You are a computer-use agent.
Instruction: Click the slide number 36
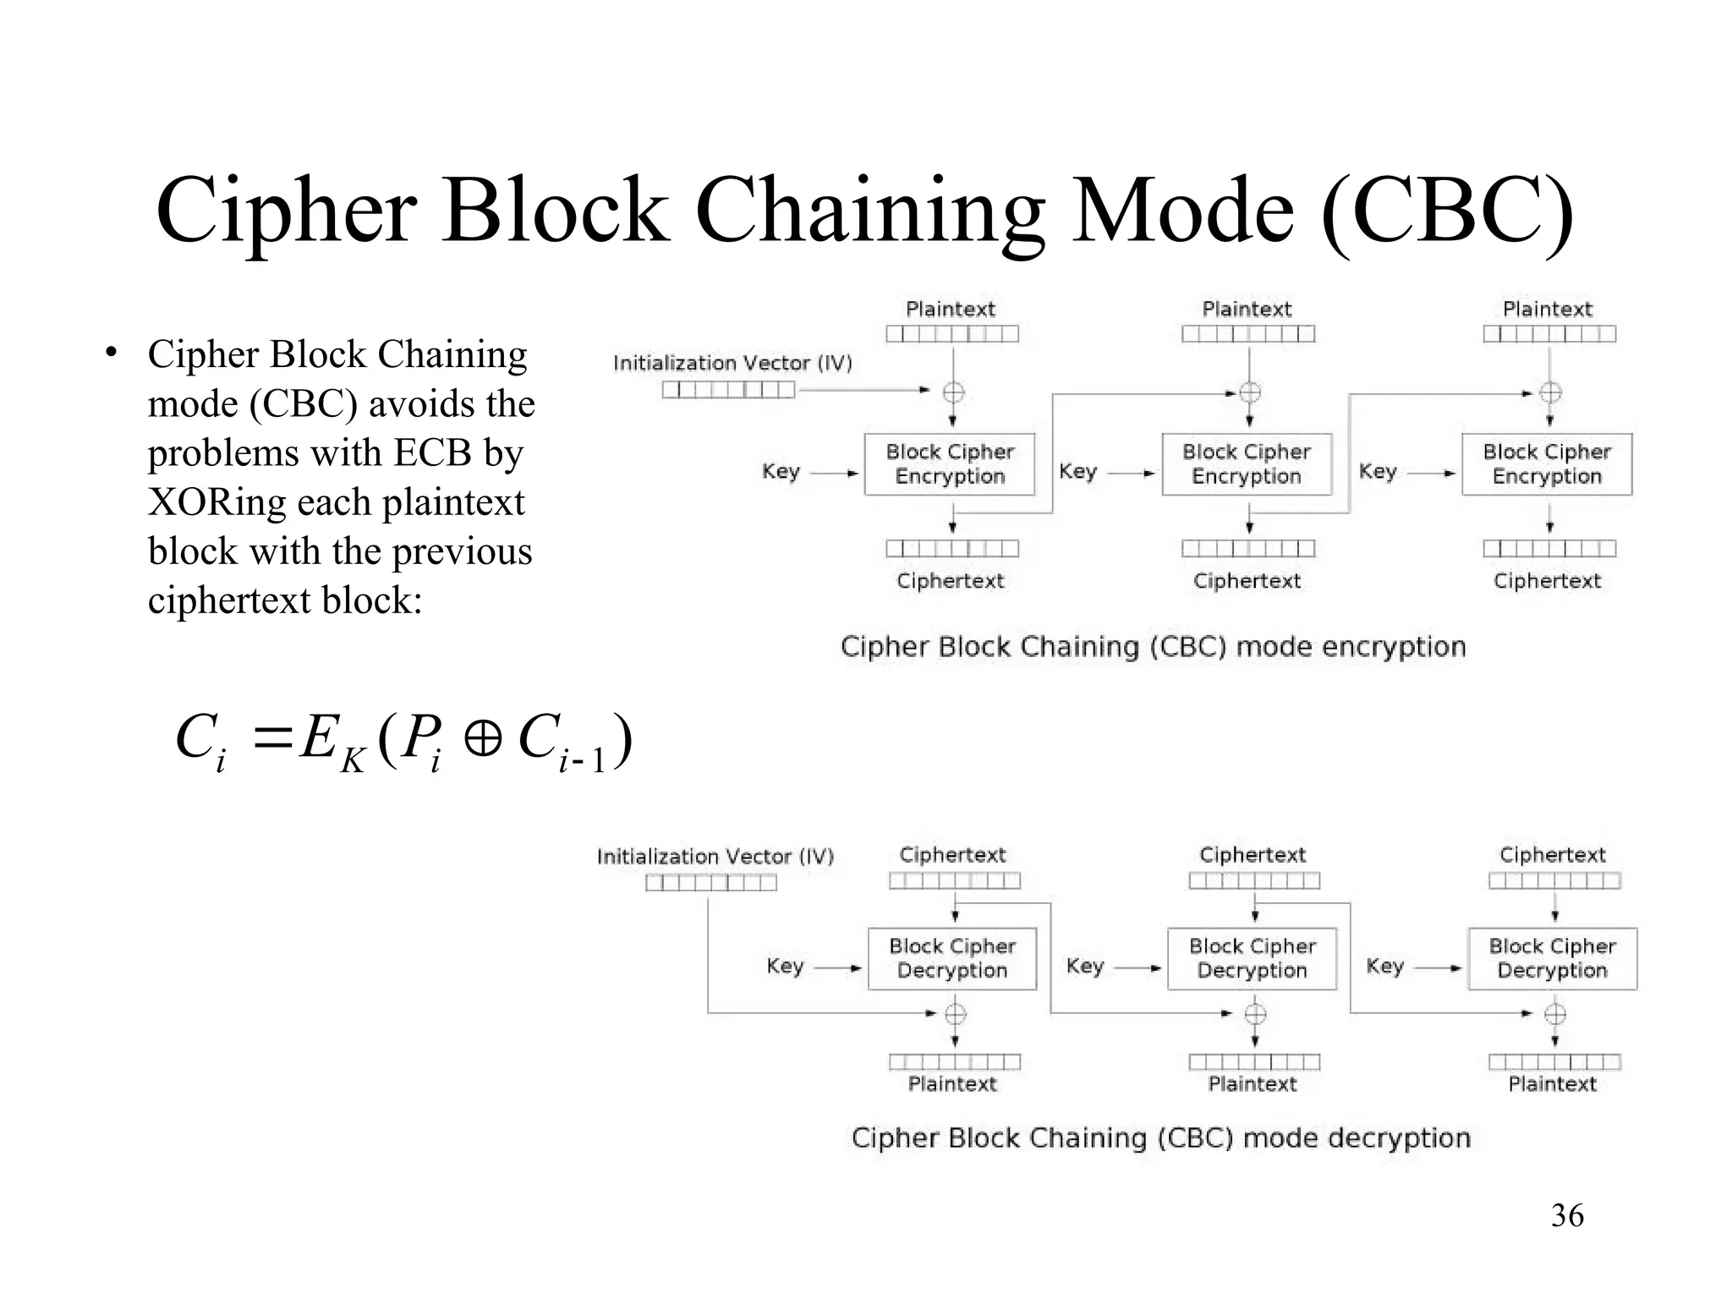pos(1567,1215)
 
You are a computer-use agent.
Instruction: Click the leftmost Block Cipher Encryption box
pos(950,464)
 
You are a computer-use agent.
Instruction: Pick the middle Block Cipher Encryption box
pos(1247,464)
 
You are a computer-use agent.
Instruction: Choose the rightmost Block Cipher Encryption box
pos(1547,464)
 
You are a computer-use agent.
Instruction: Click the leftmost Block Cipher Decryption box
pos(952,958)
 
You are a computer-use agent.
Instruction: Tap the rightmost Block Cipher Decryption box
pos(1552,958)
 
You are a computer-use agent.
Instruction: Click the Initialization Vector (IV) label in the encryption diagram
pos(732,363)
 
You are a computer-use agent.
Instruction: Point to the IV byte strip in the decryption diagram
pos(710,883)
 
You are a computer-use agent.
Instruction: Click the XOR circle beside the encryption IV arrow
pos(953,392)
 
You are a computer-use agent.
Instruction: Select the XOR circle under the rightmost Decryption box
pos(1554,1013)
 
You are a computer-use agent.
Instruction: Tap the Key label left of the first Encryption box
pos(780,471)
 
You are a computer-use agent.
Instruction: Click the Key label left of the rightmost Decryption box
pos(1384,966)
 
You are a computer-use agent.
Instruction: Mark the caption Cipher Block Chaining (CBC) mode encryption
pos(1153,647)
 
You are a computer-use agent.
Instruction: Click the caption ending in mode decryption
pos(1160,1138)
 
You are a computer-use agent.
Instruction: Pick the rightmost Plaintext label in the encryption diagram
pos(1547,310)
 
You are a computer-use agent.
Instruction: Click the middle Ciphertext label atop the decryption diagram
pos(1252,855)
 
